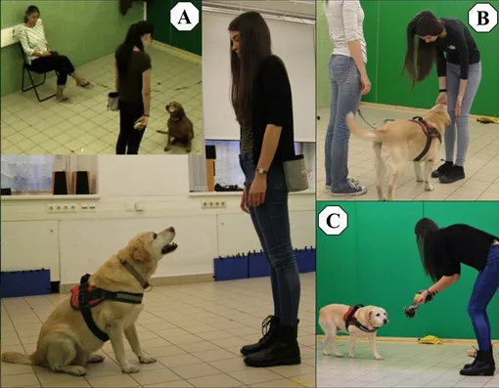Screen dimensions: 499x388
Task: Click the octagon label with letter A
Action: [184, 18]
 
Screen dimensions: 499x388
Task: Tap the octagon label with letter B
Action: [482, 19]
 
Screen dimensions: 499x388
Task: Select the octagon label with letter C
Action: [333, 221]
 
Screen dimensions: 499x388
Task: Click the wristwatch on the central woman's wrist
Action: [260, 171]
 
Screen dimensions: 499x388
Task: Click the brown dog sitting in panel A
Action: [178, 126]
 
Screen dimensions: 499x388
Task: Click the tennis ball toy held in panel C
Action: [417, 297]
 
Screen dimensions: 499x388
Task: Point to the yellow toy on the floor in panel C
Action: [431, 340]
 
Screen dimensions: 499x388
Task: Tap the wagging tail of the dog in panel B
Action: [360, 126]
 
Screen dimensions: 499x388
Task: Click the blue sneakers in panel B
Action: [345, 187]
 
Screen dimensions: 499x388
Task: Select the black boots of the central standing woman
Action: [271, 341]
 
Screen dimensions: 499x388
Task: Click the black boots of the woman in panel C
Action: [476, 362]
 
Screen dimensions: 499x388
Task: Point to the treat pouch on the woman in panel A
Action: [113, 102]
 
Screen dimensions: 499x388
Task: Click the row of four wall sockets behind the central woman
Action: [213, 204]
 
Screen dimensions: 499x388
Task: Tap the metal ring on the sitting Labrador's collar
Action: [148, 287]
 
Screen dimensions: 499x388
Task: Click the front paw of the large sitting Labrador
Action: [147, 359]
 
